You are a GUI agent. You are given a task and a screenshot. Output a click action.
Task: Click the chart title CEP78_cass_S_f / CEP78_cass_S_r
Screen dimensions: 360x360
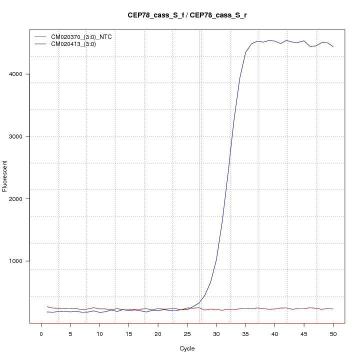(187, 15)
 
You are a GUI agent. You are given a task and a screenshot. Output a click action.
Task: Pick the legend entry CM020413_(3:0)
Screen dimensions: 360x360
(77, 44)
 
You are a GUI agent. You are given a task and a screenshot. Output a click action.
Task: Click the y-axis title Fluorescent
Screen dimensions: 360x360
(5, 176)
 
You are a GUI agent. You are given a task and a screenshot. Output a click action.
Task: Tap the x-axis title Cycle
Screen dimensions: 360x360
(187, 348)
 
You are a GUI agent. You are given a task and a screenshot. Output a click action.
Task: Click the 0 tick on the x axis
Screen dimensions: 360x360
(41, 334)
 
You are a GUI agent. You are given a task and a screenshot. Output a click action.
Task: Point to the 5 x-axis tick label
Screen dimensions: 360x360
(70, 334)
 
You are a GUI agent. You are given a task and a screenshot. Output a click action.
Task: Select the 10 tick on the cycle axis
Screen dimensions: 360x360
(99, 334)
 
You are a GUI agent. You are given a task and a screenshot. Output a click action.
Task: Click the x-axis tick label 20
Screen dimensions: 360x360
(158, 334)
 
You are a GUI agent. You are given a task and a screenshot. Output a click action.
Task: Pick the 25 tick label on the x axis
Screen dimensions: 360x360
(187, 334)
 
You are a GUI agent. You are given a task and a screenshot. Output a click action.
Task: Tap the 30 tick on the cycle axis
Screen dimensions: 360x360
(216, 334)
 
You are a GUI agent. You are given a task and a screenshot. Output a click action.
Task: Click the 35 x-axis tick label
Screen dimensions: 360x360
(245, 334)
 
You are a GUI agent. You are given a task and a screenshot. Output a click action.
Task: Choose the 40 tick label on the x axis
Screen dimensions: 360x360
(274, 334)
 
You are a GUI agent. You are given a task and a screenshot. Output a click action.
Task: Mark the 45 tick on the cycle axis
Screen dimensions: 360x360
(303, 334)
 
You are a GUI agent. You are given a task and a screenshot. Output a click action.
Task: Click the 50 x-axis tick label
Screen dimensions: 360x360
(333, 334)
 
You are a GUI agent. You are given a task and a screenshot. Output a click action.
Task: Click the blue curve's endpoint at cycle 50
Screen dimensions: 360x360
(333, 46)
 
